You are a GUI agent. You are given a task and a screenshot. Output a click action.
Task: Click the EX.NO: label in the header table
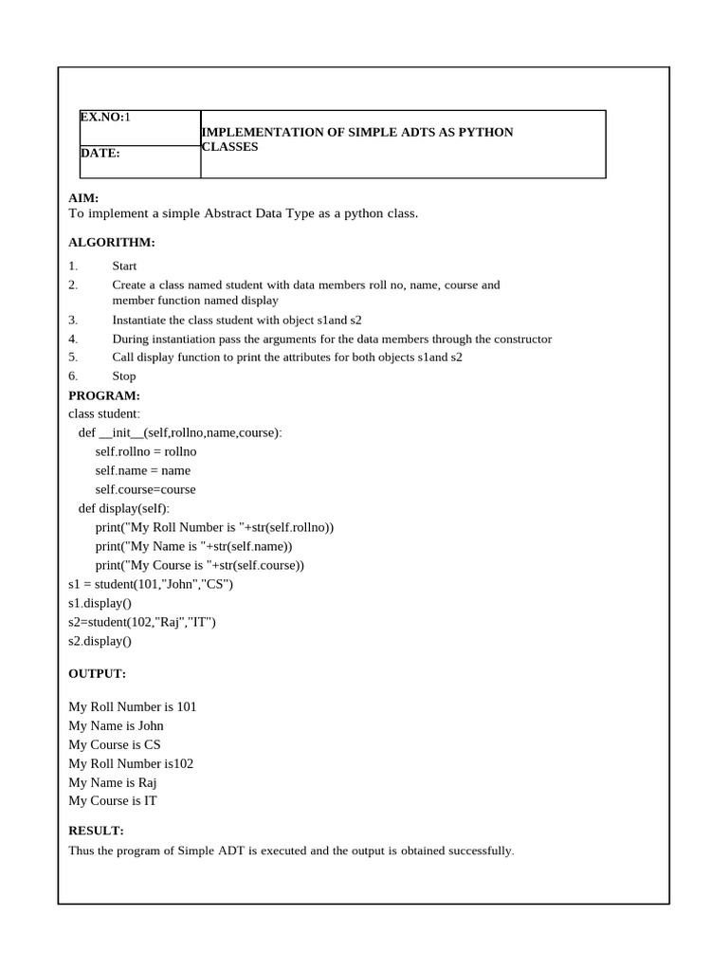(101, 118)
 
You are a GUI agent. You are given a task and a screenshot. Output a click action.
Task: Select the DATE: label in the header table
(100, 153)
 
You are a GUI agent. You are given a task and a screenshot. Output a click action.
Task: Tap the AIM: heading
(83, 198)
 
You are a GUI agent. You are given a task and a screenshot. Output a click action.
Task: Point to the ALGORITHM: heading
(112, 243)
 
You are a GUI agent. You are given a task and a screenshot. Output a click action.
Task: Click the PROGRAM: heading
(104, 395)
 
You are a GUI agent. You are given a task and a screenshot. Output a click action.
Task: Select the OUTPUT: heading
(97, 673)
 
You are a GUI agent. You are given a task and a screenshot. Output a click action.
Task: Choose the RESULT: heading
(96, 831)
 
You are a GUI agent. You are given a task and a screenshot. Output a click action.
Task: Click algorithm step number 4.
(73, 339)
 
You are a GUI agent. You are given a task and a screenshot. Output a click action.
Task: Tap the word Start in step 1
(124, 266)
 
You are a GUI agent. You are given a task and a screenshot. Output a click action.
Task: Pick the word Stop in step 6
(124, 376)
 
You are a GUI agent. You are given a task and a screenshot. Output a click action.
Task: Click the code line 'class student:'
(104, 413)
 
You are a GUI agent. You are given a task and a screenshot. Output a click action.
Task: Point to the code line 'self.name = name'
(142, 470)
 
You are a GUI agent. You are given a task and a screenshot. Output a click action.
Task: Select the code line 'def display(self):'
(124, 508)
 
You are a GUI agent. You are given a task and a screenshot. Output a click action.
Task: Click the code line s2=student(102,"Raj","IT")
(142, 622)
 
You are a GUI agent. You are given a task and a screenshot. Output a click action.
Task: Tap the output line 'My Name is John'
(116, 725)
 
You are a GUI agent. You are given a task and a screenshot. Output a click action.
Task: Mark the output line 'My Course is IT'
(113, 800)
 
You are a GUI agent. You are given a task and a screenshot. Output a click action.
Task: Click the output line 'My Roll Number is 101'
(133, 706)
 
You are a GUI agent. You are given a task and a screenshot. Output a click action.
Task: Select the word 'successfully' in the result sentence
(482, 851)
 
